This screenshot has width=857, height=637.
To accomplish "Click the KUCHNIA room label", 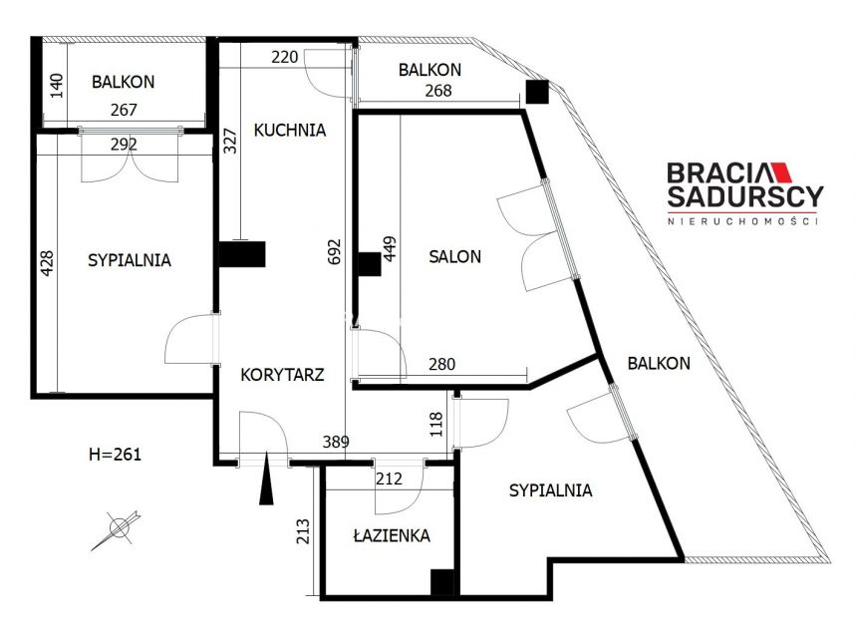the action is coord(290,131).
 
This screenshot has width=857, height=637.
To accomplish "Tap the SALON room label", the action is coord(454,256).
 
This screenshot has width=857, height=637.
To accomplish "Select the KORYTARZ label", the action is coord(282,375).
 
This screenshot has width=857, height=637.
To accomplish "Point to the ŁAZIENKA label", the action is coord(392,535).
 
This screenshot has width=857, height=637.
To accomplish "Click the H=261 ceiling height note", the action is coord(115,455).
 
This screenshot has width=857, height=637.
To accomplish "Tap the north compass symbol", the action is coord(117,529).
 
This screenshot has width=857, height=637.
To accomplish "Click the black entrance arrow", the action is coord(266,478).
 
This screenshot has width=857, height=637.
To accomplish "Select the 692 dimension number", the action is coord(335,251).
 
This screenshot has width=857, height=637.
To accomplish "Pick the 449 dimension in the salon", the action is coord(390,249).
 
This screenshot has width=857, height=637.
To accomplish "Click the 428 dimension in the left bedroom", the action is coord(48,263).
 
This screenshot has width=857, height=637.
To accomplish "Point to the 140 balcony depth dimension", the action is coord(57,86).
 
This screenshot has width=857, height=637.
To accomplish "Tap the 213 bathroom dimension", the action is coord(302,531).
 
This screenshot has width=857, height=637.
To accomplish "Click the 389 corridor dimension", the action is coord(336,442).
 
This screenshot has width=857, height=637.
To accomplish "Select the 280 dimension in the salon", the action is coord(441,364).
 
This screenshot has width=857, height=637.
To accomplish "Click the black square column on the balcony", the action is coord(537,92).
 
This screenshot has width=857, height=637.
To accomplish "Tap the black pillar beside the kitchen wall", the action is coord(242,254).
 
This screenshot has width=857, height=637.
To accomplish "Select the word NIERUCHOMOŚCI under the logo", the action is coord(742,221).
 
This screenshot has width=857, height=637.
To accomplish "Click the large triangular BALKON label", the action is coord(659,363).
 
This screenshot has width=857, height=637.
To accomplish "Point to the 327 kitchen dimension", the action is coord(230,141).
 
